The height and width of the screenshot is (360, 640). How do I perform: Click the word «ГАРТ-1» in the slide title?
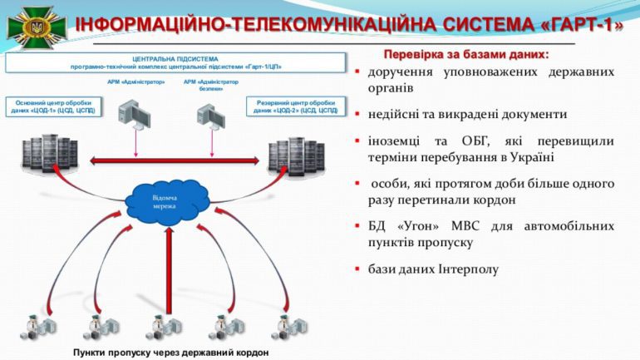[583, 24]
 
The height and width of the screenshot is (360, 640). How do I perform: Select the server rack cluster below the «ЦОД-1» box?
[50, 154]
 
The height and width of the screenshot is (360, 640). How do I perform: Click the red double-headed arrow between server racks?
[171, 160]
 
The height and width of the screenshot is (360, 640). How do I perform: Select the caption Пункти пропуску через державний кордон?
[170, 352]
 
